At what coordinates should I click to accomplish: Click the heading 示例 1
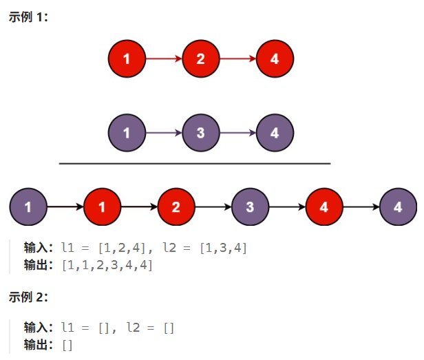28,17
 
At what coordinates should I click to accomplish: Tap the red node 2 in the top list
200,59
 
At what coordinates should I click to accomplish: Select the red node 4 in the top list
275,59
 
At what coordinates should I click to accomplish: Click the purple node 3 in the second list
200,133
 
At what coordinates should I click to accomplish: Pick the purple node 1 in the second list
127,133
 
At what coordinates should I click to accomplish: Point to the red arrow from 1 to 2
164,59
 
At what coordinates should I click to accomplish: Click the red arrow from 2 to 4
237,59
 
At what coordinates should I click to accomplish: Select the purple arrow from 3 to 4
237,133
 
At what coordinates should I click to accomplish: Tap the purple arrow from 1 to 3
164,133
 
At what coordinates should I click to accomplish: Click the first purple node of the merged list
28,207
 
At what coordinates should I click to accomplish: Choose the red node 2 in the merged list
176,207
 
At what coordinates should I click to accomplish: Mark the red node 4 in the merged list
324,207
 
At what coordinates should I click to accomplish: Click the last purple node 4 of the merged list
398,207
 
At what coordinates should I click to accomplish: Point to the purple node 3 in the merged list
250,207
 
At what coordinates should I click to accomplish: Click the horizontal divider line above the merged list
195,164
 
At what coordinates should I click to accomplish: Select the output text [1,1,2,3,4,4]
107,265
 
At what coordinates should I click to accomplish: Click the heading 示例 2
28,297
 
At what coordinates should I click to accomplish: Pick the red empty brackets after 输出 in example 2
67,344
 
